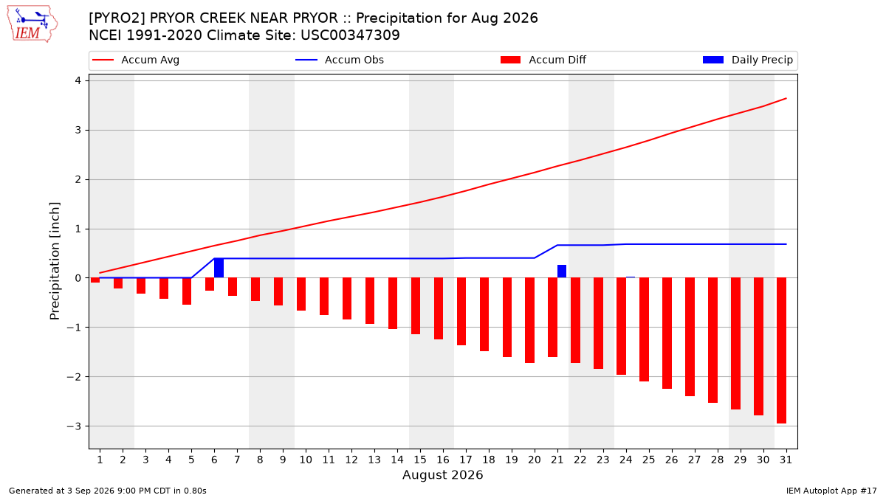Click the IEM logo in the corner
point(32,24)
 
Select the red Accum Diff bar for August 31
point(781,350)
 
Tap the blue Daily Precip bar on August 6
point(219,268)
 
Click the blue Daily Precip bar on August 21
point(562,272)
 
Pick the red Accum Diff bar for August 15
point(415,306)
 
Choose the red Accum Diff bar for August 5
point(187,291)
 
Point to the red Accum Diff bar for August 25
point(644,330)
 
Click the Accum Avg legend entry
point(136,60)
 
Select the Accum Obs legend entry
point(340,60)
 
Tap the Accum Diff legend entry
point(543,60)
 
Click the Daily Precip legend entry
point(747,60)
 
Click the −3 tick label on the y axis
point(74,426)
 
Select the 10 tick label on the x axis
point(306,460)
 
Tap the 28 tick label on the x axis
point(717,460)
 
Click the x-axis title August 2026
point(442,474)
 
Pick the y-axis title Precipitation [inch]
point(55,261)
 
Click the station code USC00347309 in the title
point(350,35)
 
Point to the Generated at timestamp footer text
point(108,491)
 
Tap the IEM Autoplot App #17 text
point(831,491)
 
